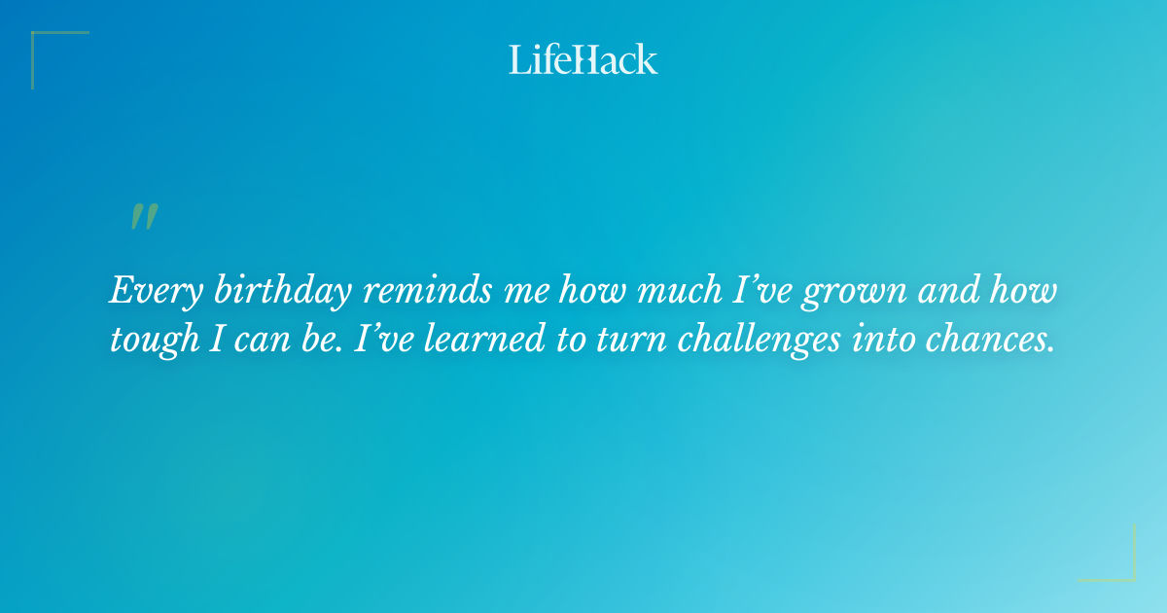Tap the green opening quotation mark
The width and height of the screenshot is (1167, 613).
click(144, 218)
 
